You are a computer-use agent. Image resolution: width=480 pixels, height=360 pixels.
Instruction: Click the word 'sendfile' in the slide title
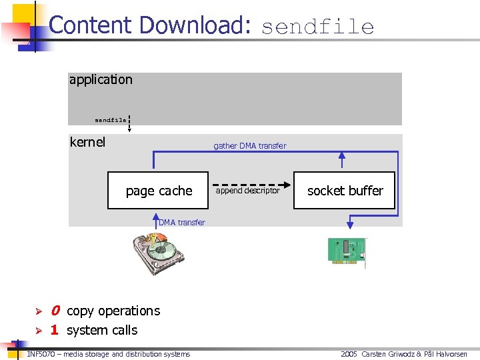317,27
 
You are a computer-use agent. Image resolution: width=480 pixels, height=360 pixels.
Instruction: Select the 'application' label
101,79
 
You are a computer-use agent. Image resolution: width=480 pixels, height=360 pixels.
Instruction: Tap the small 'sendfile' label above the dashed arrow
110,120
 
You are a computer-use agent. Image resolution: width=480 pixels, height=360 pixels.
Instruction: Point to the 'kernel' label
87,141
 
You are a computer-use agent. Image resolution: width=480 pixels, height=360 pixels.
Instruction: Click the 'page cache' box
159,191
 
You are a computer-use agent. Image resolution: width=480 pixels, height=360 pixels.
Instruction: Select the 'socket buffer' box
345,191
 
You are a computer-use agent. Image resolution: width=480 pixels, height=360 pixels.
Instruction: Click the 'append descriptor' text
248,191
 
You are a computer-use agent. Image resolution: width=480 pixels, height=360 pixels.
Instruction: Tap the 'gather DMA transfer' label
249,145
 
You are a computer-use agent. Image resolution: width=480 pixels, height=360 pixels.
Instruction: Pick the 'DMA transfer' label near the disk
182,222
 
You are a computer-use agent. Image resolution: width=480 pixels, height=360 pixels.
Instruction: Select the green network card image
347,251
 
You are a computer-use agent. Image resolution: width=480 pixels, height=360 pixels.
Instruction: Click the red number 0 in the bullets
55,311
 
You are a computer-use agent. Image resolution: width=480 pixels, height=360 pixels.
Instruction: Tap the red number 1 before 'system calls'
55,330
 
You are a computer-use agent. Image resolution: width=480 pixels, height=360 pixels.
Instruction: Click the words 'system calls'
101,330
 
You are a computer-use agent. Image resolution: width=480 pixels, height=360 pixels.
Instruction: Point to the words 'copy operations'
113,311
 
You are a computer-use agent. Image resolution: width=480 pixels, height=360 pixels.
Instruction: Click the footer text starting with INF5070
108,354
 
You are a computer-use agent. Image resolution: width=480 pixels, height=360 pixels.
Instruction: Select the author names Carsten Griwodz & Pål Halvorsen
414,354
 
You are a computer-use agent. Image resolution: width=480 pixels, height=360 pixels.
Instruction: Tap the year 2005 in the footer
349,354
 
